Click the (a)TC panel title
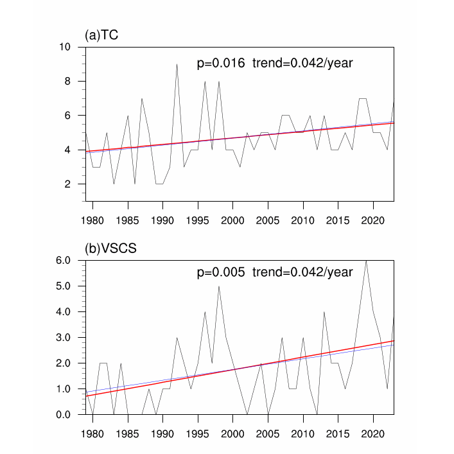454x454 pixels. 101,35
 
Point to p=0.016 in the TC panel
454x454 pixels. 220,63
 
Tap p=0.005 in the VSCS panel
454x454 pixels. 220,272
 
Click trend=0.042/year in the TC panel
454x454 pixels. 302,63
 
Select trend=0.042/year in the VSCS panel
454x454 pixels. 302,272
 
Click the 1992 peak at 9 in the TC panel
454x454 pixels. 177,64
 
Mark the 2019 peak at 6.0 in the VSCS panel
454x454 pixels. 366,260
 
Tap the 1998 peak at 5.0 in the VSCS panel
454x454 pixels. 219,286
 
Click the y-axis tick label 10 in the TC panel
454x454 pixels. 65,47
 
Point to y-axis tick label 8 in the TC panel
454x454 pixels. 67,82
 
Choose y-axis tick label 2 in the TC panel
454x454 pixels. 67,184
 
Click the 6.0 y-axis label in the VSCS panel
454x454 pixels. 62,260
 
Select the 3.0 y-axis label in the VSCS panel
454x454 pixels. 62,337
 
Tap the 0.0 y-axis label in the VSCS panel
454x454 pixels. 62,414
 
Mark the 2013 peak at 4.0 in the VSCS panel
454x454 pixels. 324,312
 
